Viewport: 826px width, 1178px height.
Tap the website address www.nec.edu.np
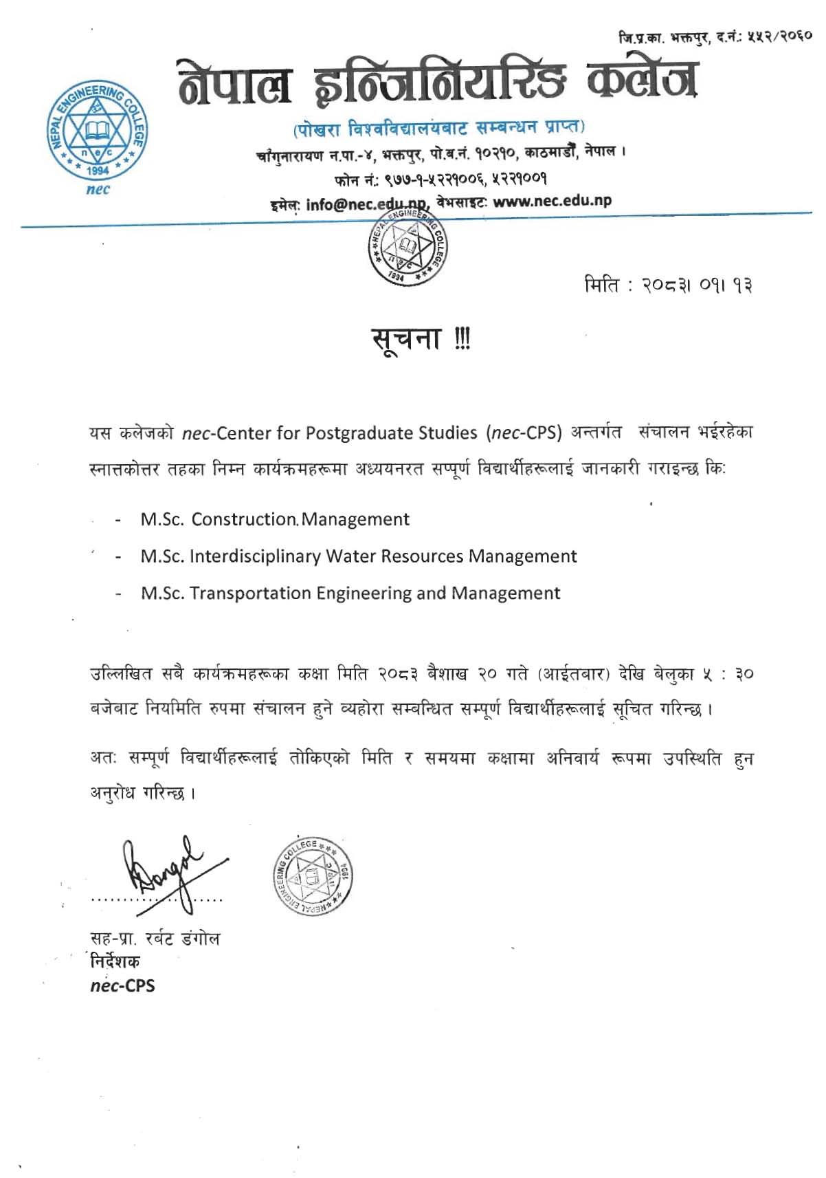pos(552,201)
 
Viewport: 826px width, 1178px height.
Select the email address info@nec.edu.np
pos(366,204)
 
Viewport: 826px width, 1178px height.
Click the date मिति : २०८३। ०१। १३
pos(668,284)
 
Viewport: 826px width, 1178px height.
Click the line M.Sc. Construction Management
pos(275,519)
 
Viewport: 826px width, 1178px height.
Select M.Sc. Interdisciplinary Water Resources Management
pos(358,556)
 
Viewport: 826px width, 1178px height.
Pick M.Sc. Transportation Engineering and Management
pos(350,593)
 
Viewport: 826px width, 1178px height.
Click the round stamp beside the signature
pos(313,877)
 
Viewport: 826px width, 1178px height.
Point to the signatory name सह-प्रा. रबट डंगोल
pos(155,939)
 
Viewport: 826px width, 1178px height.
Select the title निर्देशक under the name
pos(115,961)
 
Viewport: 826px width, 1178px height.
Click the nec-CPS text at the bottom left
pos(123,985)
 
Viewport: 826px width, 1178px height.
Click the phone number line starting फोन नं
pos(440,180)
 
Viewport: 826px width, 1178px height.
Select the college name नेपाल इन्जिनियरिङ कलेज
pos(438,81)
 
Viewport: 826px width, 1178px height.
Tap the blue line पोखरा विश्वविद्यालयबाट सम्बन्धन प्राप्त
pos(439,127)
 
